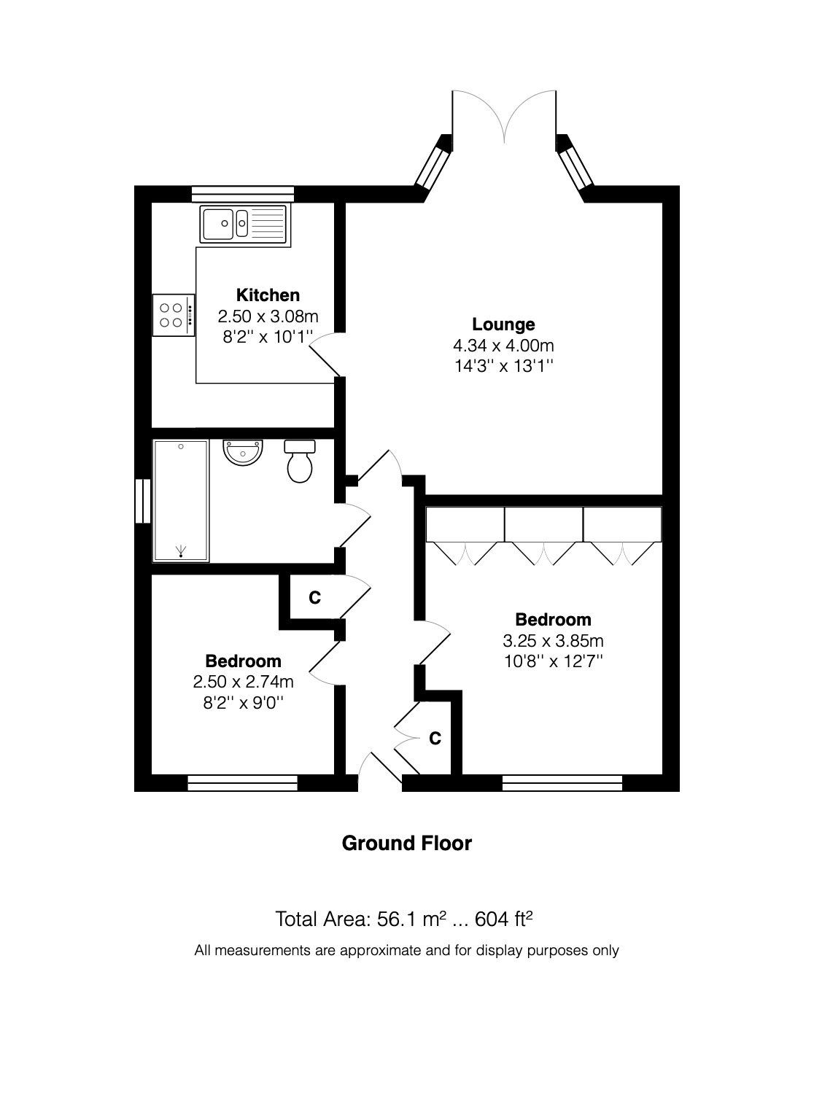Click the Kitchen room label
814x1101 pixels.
tap(268, 295)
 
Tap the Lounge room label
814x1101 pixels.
tap(503, 324)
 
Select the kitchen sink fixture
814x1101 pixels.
tap(244, 222)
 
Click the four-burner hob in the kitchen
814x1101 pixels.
tap(174, 315)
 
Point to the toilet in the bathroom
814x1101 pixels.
tap(300, 462)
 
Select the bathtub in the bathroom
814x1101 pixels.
tap(181, 500)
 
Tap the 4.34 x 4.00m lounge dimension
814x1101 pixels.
tap(503, 346)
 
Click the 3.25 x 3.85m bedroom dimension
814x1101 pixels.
tap(553, 641)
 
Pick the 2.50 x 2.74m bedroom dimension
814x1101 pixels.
tap(243, 682)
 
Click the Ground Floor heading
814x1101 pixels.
tap(407, 844)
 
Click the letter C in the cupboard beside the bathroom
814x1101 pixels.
tap(314, 598)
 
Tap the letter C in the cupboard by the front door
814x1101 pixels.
tap(435, 739)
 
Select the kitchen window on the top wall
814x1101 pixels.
tap(242, 194)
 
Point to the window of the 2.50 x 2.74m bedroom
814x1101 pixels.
tap(243, 783)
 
